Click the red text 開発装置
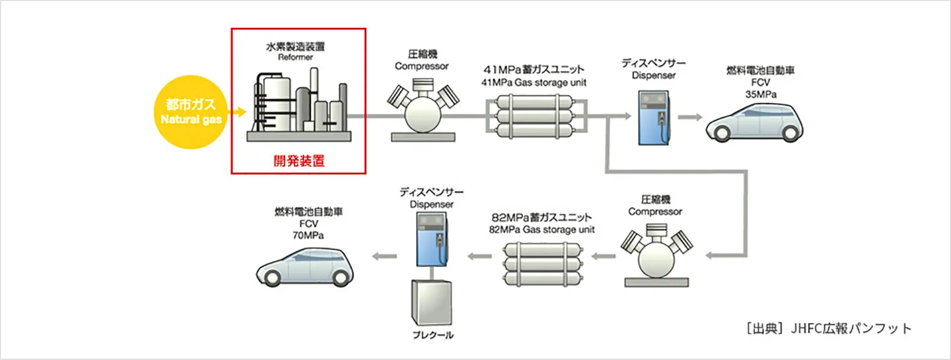tap(299, 161)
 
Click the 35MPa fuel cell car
tap(756, 123)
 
